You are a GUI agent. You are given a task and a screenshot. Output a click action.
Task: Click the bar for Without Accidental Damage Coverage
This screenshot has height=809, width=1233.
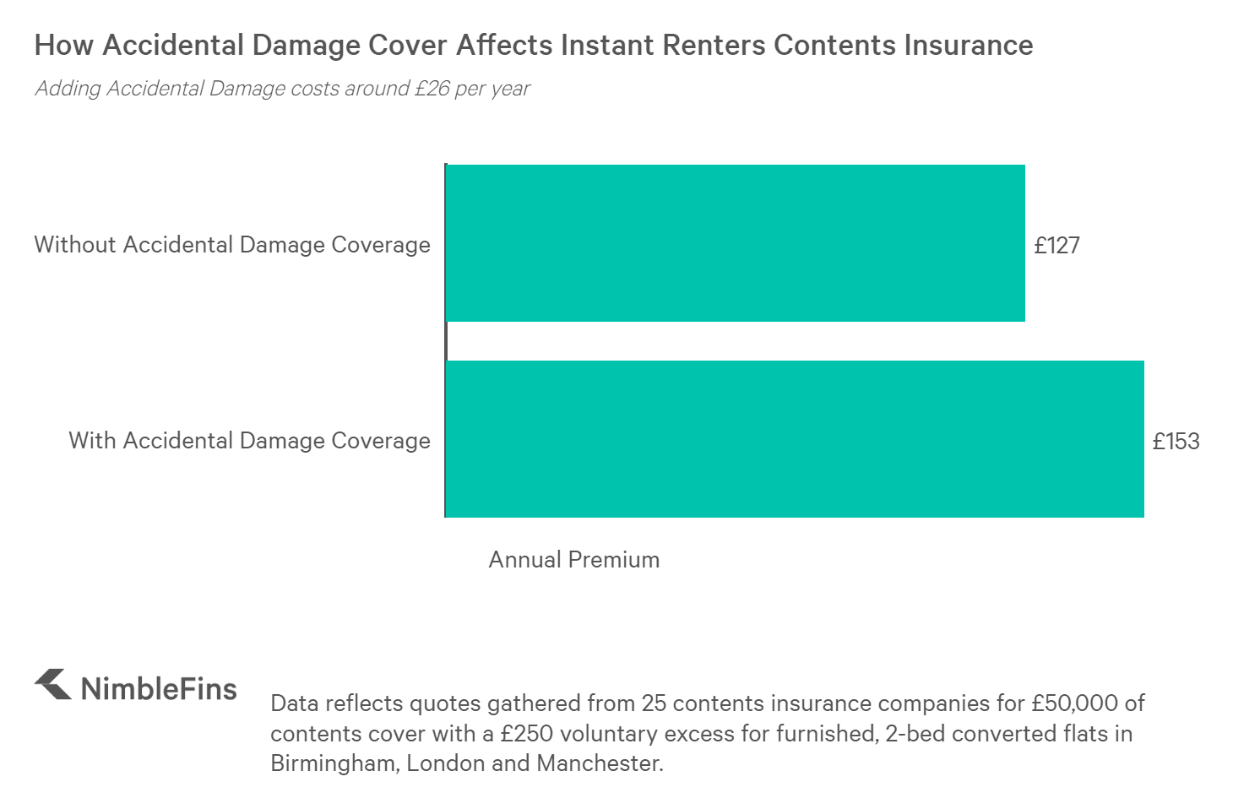735,243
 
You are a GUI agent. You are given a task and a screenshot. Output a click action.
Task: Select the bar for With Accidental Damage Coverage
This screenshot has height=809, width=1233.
794,439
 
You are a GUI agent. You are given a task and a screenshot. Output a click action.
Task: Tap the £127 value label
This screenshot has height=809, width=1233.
1056,245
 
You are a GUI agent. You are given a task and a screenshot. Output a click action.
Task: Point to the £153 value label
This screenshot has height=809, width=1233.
1176,441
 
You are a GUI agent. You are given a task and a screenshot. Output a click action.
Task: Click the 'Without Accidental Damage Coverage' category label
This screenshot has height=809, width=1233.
232,245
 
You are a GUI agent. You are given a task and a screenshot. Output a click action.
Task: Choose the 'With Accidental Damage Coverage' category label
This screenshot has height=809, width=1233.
249,441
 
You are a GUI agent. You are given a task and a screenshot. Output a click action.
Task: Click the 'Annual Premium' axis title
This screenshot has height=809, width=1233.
573,559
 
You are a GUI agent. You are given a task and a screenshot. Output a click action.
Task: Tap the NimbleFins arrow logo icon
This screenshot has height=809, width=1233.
53,685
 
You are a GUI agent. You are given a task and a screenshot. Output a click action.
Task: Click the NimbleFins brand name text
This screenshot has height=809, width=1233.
159,688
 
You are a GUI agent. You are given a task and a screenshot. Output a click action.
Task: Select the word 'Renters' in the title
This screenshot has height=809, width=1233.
714,45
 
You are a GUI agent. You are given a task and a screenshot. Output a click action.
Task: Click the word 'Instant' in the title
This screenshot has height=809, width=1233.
607,45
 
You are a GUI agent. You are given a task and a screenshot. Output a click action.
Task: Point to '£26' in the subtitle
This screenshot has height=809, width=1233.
432,89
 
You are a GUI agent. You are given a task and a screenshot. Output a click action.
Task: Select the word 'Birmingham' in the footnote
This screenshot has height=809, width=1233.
334,763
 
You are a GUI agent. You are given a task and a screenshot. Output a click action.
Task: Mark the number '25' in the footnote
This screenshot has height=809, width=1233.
655,703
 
